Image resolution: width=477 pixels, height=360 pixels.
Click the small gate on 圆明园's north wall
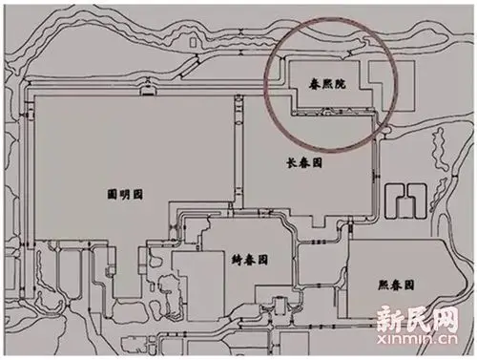pos(148,89)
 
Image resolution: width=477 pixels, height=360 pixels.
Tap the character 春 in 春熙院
pos(302,84)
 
